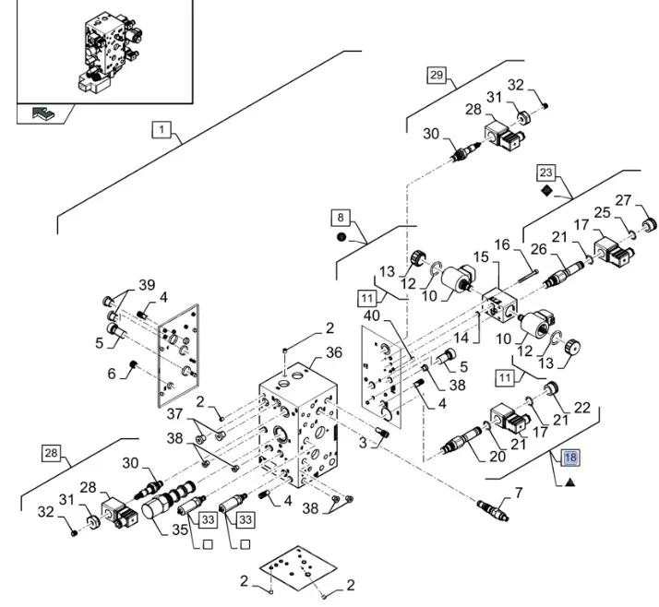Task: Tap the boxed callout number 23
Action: point(546,173)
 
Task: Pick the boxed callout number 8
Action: point(341,218)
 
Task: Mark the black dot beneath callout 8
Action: point(341,237)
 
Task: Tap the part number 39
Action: point(147,283)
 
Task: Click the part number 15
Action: point(482,256)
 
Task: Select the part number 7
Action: point(518,494)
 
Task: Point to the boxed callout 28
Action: point(51,452)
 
